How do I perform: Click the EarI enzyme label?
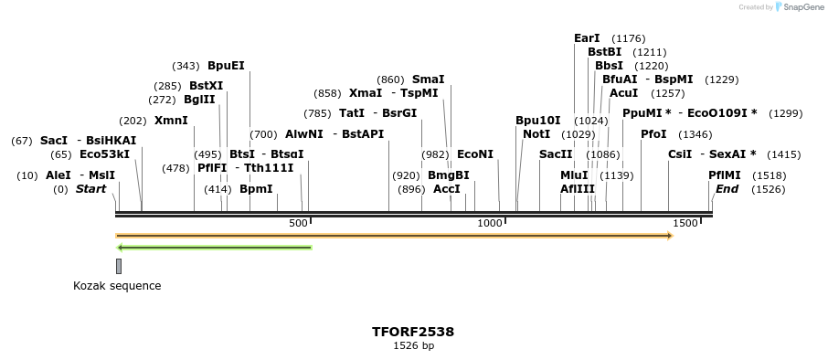point(587,38)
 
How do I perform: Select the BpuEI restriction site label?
point(226,66)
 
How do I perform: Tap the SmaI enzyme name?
point(428,79)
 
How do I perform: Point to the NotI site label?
point(536,134)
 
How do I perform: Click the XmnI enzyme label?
point(171,121)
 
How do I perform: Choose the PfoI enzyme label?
point(653,134)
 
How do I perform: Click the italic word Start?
point(90,189)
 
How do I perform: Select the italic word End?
point(727,189)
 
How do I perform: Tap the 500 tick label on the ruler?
point(298,223)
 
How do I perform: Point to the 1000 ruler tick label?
point(491,223)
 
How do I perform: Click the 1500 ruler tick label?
point(684,223)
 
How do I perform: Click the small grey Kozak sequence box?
point(119,266)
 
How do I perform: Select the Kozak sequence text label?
point(117,286)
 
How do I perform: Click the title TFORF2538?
point(413,332)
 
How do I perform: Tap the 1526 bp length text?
point(413,345)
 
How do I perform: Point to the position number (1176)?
point(629,38)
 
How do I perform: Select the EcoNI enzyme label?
point(474,154)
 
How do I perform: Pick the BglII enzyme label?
point(199,100)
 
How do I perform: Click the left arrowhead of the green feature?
point(121,247)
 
